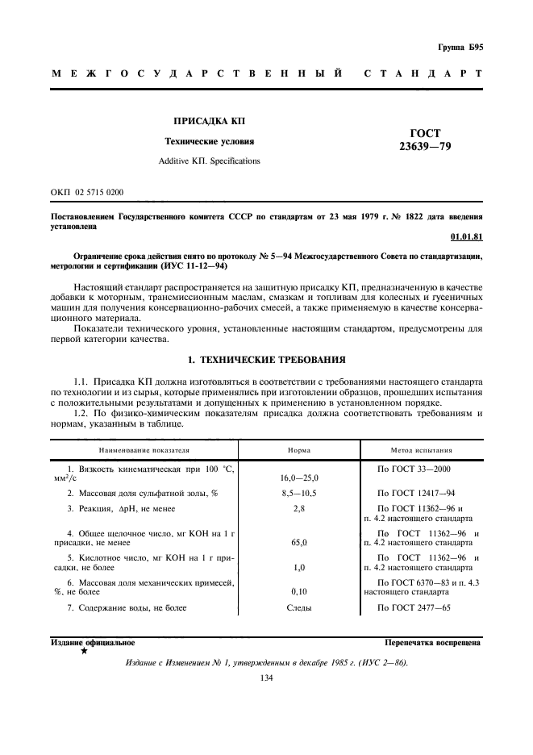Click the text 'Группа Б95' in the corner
[x=460, y=48]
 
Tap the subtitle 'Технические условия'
[x=209, y=141]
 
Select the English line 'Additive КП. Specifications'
[x=209, y=161]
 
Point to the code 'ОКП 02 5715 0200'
[x=87, y=192]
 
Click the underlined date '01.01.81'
[x=467, y=236]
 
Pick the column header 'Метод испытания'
[x=422, y=450]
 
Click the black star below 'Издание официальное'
[x=84, y=651]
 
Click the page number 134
[x=267, y=678]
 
